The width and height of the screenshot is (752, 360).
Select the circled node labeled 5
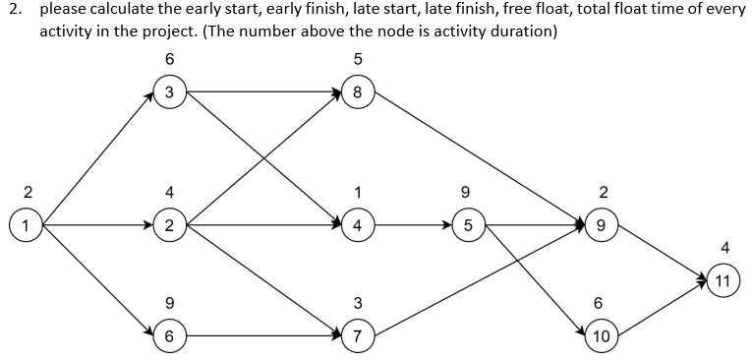click(469, 225)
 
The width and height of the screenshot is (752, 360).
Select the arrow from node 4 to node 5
click(413, 225)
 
